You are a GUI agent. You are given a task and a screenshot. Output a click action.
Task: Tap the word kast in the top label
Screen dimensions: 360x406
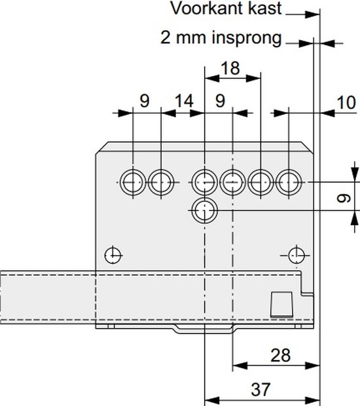(x=264, y=9)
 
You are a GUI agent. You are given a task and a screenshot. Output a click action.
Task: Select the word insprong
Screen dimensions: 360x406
(x=247, y=38)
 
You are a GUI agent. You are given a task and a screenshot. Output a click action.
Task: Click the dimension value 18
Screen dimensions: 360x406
(x=230, y=68)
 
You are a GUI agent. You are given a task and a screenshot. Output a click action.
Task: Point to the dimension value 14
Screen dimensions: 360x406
(x=185, y=101)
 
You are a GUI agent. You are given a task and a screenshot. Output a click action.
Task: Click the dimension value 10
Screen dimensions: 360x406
(x=346, y=103)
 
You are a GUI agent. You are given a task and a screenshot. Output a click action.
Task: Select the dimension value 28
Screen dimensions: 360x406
(x=281, y=355)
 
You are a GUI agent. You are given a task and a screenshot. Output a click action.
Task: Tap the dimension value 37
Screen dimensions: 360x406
(x=261, y=389)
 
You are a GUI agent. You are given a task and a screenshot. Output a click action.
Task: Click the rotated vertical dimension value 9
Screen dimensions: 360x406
(x=344, y=198)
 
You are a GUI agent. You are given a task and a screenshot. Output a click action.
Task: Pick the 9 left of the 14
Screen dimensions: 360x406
(x=145, y=101)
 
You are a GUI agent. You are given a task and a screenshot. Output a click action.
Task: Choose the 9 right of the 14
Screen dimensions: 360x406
(x=220, y=101)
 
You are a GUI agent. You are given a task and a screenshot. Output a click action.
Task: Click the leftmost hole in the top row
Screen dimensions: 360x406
(x=133, y=183)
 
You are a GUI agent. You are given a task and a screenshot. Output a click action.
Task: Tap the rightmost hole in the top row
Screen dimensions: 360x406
(x=289, y=183)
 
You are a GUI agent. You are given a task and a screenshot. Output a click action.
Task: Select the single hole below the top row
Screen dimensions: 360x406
(x=204, y=211)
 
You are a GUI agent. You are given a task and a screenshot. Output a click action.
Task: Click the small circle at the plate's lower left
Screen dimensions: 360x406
(x=113, y=255)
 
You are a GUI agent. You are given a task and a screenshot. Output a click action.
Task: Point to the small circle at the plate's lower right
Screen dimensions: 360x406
(x=297, y=255)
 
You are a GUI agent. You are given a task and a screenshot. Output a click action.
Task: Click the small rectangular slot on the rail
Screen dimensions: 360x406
(x=282, y=304)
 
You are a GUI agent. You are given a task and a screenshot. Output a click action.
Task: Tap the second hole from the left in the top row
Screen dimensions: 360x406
(x=161, y=183)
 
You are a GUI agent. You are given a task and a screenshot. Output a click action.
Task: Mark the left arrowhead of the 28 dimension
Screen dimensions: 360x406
(x=240, y=365)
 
